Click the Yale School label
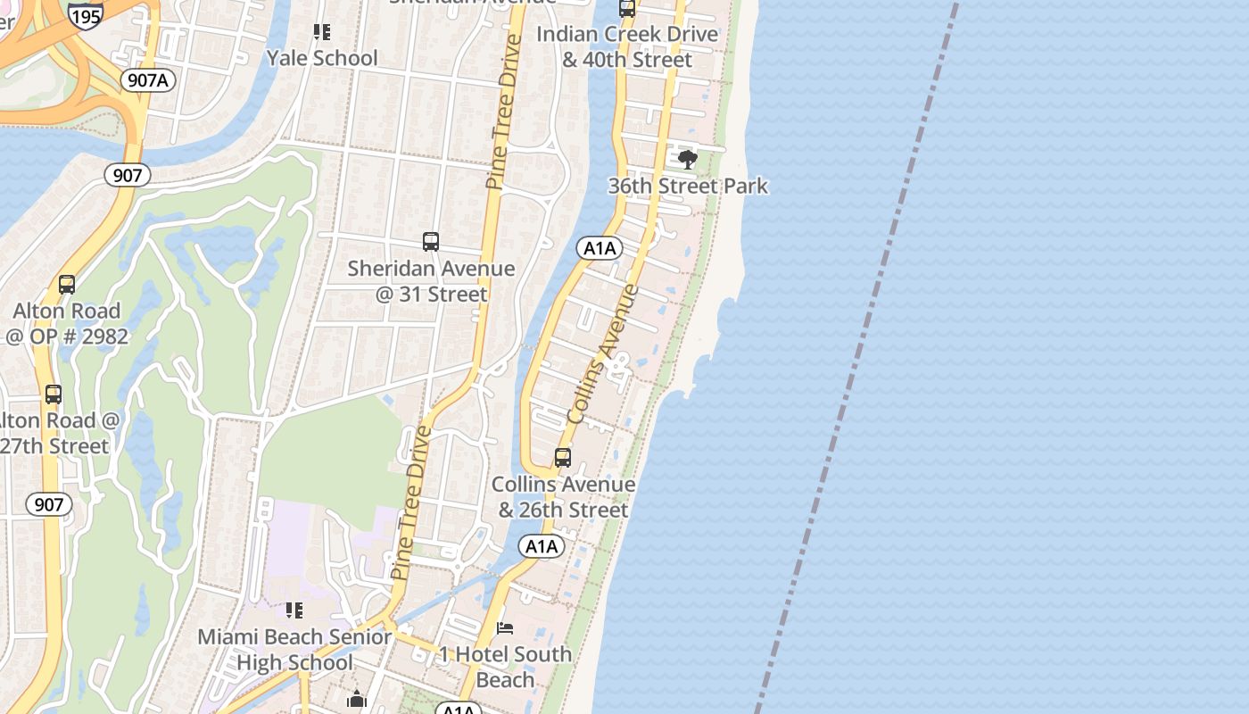coord(322,58)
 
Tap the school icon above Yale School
coord(322,33)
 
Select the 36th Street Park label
coord(688,186)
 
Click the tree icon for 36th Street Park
coord(687,160)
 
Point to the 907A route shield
coord(148,80)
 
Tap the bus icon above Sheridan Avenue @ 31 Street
coord(431,242)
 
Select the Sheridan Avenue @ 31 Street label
coord(431,281)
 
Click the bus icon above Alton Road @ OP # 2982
coord(67,285)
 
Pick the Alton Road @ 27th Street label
coord(59,433)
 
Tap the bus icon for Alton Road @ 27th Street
coord(54,394)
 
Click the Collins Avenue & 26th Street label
coord(564,497)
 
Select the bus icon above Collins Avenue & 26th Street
coord(563,458)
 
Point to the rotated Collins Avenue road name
coord(603,353)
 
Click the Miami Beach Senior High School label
coord(294,650)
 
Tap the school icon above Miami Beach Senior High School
coord(294,610)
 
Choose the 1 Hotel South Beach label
coord(505,667)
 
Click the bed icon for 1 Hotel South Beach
coord(505,628)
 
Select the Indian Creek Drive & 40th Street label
coord(627,46)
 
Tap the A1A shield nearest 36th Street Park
coord(600,248)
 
